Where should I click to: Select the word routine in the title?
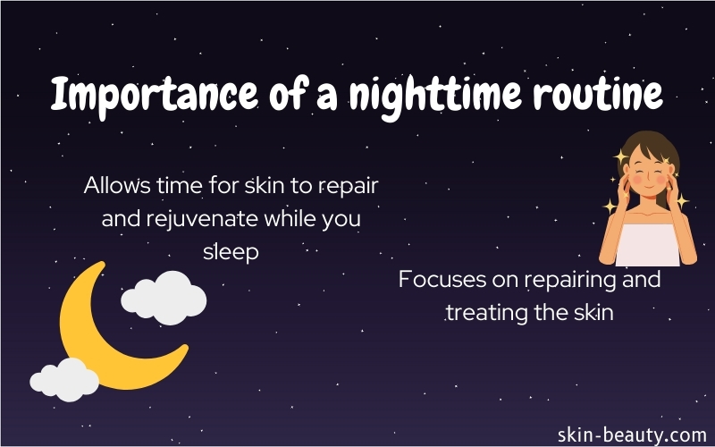click(x=598, y=95)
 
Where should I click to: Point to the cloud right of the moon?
click(x=164, y=298)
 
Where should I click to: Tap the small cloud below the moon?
click(x=64, y=379)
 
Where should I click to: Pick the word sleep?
click(x=231, y=253)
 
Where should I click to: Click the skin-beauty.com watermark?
click(x=632, y=434)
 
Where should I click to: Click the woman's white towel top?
click(x=647, y=245)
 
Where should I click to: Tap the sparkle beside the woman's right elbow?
click(x=610, y=207)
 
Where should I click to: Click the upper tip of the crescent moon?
click(x=102, y=264)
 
